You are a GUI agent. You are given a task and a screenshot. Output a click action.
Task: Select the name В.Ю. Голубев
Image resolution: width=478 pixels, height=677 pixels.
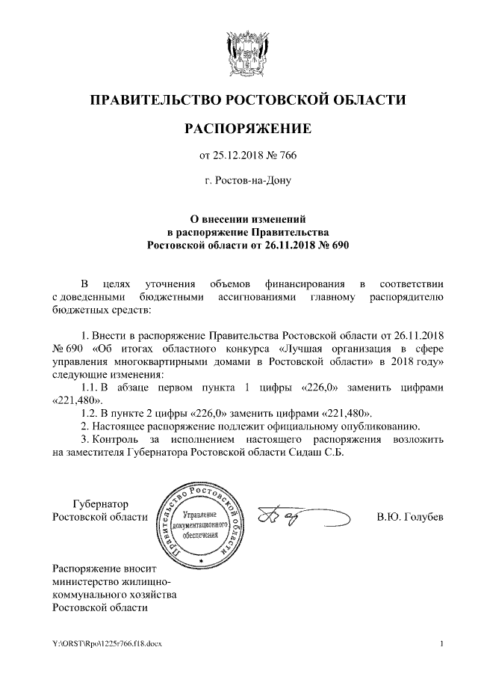pos(410,517)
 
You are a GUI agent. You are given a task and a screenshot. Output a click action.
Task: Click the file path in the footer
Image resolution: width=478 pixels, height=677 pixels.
pos(107,643)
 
